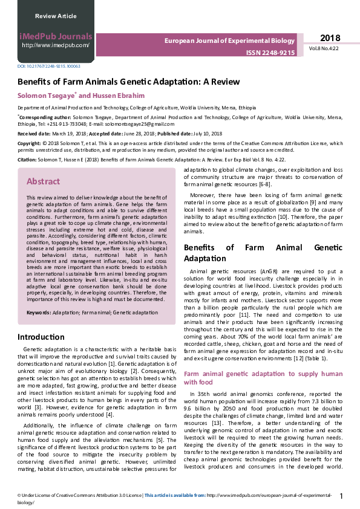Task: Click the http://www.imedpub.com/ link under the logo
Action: click(x=55, y=45)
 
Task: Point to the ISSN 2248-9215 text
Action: click(x=270, y=53)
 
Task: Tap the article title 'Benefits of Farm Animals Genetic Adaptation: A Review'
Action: click(x=128, y=82)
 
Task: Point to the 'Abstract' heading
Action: click(x=43, y=181)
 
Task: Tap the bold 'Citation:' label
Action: click(x=27, y=160)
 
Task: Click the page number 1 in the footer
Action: click(x=342, y=496)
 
